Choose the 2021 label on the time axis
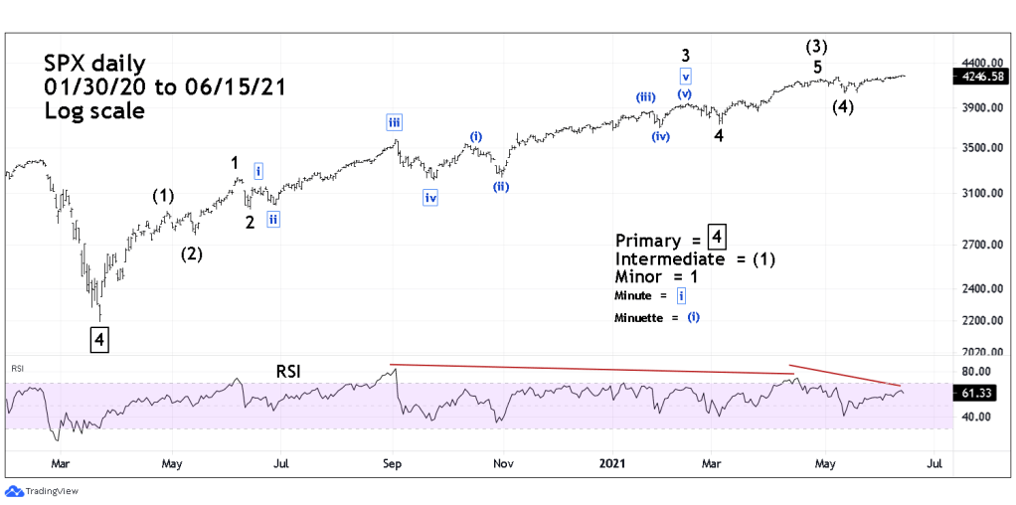point(611,463)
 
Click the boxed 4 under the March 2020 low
point(99,339)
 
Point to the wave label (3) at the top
point(817,46)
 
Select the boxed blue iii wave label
point(395,122)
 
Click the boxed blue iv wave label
point(430,197)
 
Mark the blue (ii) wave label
point(500,186)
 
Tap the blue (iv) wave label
point(660,136)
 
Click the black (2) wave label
point(192,253)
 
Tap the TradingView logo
point(42,491)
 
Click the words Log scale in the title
point(94,110)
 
